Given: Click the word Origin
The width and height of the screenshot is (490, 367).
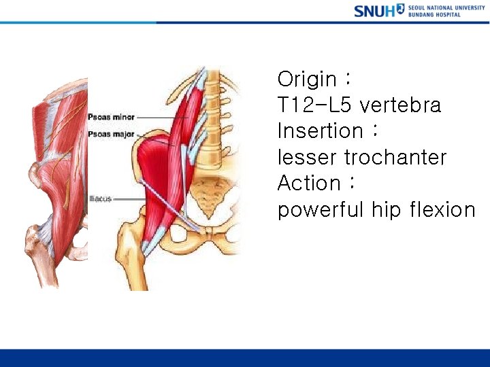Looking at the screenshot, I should (x=307, y=80).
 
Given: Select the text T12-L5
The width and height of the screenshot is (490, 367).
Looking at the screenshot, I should (x=314, y=105).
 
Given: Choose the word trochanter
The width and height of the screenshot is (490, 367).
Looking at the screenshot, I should (x=395, y=158).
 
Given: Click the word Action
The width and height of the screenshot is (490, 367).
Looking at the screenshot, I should (x=309, y=183).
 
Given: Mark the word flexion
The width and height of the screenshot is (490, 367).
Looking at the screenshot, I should (x=443, y=210).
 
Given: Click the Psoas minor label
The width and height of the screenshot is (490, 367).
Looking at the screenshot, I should (x=111, y=118).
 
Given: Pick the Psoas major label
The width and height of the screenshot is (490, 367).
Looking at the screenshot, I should (x=111, y=135).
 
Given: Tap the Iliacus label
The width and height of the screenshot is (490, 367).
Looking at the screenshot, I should (x=100, y=198).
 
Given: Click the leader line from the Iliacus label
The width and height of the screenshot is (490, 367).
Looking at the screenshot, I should (x=129, y=198).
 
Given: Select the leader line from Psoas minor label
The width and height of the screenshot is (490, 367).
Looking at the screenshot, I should (x=157, y=118).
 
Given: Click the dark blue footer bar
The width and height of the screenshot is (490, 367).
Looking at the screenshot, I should (x=245, y=357).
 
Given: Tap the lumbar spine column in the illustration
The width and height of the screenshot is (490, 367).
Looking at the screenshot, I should (x=216, y=116).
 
